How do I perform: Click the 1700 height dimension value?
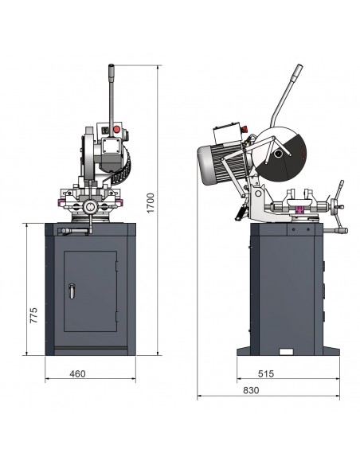tap(151, 203)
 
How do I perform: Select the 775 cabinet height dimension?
tap(33, 315)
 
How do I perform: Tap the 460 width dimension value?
tap(77, 373)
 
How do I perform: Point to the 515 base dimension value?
tap(266, 373)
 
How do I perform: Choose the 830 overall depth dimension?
tap(251, 390)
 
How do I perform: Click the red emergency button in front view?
tap(116, 129)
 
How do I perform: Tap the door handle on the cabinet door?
tap(72, 291)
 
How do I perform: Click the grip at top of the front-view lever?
tap(112, 72)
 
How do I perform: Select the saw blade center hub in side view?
tap(278, 154)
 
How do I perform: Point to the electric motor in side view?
tap(221, 162)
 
